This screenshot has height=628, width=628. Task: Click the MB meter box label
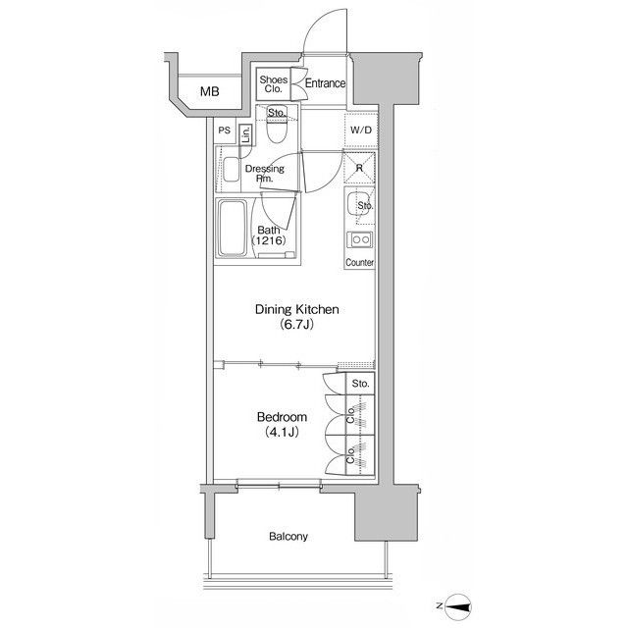209,91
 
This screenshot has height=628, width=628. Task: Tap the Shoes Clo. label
273,84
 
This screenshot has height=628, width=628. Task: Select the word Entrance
325,83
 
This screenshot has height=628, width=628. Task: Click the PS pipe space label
225,131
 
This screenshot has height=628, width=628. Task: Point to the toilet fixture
277,129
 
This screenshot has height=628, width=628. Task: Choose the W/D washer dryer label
361,131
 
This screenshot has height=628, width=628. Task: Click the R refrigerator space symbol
359,168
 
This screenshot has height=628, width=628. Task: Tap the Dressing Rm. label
264,174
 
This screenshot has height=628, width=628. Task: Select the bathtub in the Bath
233,229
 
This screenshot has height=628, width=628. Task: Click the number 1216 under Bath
269,240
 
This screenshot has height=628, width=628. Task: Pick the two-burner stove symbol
360,239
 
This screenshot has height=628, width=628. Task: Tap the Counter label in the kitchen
360,262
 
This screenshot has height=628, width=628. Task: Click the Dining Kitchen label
297,310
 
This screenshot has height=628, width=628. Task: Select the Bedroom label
282,417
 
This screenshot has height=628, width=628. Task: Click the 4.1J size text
282,432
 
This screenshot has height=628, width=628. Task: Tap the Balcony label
288,537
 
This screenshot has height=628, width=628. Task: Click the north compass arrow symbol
458,607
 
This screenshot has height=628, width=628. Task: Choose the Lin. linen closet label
245,135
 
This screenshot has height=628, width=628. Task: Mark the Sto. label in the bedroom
360,384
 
